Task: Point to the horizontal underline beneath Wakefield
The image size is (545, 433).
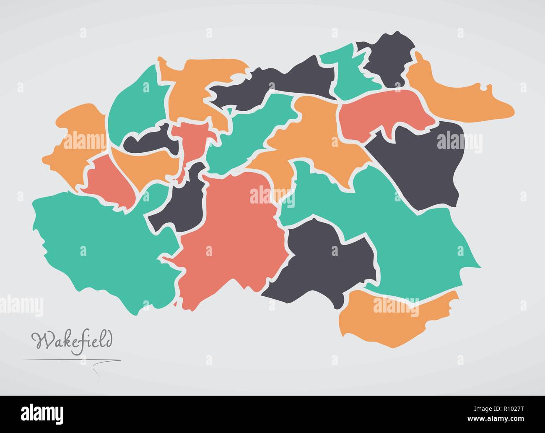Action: coord(71,360)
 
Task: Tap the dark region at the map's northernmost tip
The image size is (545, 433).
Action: coord(390,59)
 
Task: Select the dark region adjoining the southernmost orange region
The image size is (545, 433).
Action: coord(323,260)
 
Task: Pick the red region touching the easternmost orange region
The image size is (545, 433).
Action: coord(381,113)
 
